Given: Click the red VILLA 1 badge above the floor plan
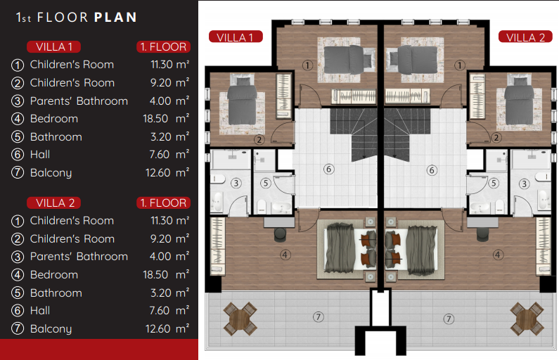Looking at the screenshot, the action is click(x=236, y=37).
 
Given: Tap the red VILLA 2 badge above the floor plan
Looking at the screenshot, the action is click(x=525, y=37).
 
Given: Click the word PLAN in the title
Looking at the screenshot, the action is click(x=115, y=17).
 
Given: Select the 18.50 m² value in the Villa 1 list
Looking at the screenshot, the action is click(x=166, y=118).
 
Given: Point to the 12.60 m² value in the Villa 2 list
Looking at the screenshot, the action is click(x=167, y=328).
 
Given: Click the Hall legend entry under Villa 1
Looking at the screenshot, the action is click(x=40, y=155).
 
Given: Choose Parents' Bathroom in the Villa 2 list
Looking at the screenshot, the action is click(x=79, y=256).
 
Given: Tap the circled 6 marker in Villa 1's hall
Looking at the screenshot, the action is click(x=328, y=169).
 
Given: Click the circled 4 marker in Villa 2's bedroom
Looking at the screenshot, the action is click(x=498, y=255).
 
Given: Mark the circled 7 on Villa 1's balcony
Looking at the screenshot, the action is click(x=318, y=316).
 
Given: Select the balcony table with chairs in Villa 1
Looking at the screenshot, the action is click(x=240, y=319).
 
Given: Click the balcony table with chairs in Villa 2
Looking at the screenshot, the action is click(x=527, y=319).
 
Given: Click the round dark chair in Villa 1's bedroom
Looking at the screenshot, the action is click(x=280, y=234).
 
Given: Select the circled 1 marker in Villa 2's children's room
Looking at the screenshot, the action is click(x=460, y=65).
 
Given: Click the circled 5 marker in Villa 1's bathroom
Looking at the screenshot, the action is click(x=265, y=184).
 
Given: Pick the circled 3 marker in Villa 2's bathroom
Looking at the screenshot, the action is click(x=524, y=184).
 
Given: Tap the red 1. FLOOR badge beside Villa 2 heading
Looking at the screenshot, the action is click(x=163, y=202).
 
